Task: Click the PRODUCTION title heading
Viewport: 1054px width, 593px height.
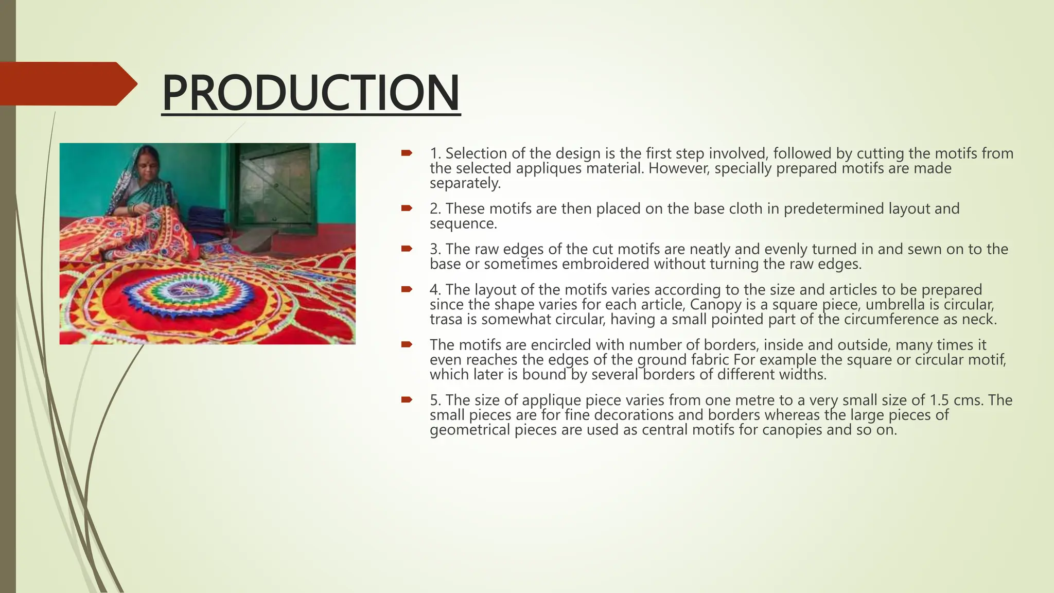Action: (310, 93)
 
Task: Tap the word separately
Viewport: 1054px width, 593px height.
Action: (465, 183)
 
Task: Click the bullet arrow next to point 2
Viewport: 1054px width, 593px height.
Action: (407, 208)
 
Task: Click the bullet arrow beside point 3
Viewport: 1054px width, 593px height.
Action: (407, 249)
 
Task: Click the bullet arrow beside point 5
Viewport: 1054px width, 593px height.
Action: (407, 399)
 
